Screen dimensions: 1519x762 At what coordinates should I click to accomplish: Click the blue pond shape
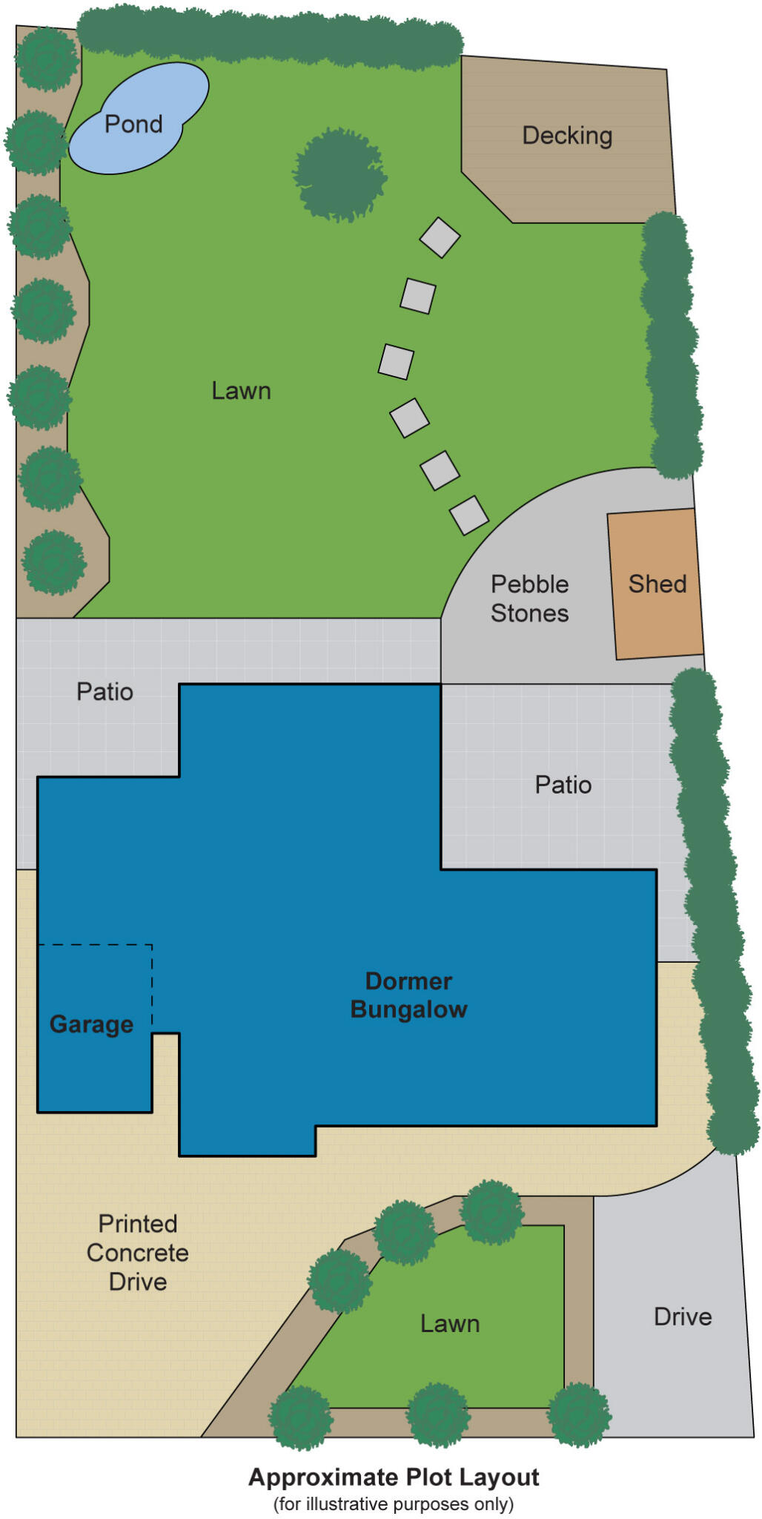137,119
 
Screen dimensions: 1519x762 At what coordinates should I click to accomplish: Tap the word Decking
567,136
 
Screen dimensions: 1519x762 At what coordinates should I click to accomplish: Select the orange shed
655,584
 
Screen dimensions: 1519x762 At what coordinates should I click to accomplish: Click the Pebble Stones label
529,599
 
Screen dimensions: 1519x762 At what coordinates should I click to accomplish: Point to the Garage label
91,1024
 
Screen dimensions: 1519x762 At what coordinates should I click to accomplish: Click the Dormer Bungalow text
408,995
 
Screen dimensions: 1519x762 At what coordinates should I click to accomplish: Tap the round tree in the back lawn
340,175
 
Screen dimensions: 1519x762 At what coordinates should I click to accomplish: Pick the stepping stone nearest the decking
440,237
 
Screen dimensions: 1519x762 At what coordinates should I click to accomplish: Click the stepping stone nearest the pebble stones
468,515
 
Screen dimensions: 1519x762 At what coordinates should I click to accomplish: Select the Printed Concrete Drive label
138,1253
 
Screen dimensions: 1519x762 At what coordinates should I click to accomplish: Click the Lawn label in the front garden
450,1324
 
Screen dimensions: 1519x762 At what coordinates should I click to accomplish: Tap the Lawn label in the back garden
241,391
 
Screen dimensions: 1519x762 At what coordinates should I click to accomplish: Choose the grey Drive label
683,1317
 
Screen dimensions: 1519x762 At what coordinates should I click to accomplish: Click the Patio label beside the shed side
563,785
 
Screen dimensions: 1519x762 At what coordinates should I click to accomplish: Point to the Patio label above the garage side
105,692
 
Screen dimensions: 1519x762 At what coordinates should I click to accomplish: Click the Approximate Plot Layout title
394,1477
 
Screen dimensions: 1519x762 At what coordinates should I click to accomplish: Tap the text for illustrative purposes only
394,1504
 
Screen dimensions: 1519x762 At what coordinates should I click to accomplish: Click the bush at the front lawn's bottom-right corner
579,1414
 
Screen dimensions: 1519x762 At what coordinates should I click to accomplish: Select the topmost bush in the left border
47,59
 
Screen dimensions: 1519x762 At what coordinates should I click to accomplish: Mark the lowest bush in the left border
53,561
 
